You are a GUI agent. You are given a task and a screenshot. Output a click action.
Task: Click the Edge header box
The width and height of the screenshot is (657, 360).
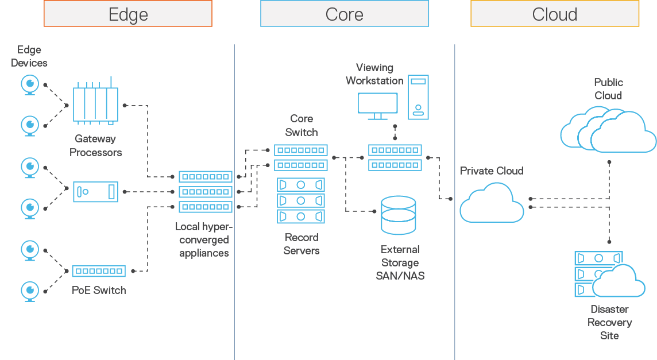128,14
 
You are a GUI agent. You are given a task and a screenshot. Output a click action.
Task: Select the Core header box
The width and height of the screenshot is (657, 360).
344,14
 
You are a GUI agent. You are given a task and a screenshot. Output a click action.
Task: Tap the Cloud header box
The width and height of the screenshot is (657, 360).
554,14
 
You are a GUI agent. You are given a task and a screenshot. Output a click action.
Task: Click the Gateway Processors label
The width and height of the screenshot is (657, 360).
96,146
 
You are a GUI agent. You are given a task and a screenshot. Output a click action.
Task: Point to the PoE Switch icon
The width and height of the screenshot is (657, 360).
99,271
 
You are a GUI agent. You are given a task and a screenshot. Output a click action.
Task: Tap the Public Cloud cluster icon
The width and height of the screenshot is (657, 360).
608,131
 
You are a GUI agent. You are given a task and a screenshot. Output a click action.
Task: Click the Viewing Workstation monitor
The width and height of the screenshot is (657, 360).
377,106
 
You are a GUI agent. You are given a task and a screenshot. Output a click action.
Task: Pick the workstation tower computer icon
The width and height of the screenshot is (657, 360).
418,97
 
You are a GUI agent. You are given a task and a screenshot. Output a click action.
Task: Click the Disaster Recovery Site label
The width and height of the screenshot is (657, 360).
609,322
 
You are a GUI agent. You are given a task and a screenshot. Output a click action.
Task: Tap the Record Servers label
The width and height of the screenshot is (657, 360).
301,244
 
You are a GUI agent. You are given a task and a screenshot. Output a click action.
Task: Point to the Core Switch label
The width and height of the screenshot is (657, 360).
301,125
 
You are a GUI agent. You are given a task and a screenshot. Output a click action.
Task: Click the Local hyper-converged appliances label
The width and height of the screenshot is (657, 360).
204,240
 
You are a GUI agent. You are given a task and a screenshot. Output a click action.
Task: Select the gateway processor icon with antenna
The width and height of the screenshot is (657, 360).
95,103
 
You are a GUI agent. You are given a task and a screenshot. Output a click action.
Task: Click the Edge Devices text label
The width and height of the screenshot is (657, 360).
29,56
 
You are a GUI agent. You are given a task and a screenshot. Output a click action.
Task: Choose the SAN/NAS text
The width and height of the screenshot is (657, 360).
400,276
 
